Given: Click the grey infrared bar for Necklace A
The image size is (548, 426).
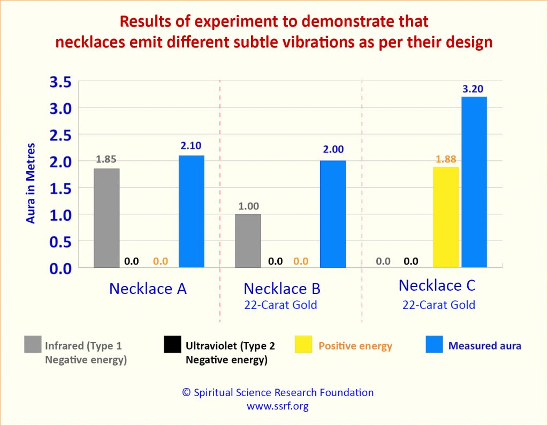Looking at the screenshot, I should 106,218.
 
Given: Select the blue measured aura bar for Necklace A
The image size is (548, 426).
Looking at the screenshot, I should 191,211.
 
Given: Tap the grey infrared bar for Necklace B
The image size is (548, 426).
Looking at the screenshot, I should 248,241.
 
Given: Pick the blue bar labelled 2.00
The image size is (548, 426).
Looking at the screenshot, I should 333,214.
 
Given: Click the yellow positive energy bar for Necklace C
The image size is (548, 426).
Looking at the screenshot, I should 446,217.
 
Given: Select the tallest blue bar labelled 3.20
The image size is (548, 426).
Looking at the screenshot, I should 474,182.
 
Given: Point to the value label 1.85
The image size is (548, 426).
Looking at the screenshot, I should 106,159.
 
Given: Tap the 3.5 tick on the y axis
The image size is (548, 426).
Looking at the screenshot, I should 60,82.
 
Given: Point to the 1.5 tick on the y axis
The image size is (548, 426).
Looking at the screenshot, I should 60,188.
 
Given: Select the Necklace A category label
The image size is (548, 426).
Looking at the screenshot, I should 148,289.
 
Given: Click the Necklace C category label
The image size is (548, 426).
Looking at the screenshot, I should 437,285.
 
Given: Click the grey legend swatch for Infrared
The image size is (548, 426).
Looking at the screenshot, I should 32,345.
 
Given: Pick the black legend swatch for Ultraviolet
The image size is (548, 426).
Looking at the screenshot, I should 172,345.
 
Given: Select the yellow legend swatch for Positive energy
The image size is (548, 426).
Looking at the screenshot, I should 303,345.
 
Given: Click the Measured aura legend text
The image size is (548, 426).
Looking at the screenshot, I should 484,346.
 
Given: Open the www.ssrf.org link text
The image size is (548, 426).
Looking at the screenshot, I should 277,406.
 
